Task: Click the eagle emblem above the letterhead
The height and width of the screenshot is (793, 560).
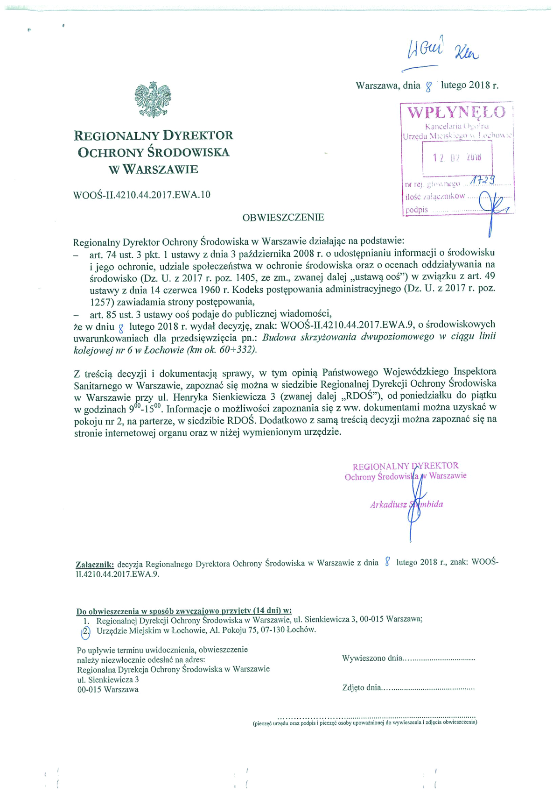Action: tap(153, 99)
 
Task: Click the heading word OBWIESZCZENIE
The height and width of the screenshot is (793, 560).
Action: tap(283, 218)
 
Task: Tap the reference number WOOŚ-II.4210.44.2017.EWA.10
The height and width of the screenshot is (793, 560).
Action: tap(142, 195)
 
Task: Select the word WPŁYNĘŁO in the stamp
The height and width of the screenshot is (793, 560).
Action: tap(456, 113)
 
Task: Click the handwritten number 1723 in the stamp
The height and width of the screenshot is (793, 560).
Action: tap(483, 180)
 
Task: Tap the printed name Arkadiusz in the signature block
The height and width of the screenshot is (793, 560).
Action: tap(388, 505)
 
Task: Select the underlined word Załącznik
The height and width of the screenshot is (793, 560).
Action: tap(95, 564)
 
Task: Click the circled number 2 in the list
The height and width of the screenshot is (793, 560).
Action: tap(86, 631)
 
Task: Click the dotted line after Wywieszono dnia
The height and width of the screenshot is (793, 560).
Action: tap(439, 659)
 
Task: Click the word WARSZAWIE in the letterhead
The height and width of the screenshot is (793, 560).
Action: tap(160, 170)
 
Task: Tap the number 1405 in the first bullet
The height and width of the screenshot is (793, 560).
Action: tap(245, 277)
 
